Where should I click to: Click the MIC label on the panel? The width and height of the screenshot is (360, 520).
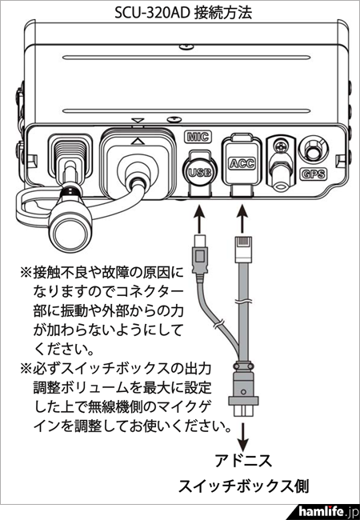coord(198,137)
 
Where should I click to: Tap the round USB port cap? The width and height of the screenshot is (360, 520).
coord(199,171)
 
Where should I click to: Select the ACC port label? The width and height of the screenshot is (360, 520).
coord(242,163)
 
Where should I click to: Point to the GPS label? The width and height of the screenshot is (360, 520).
coord(313,174)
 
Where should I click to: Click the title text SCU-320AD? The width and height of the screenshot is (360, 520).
coord(152,14)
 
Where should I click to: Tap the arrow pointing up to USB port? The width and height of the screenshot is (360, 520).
coord(198,219)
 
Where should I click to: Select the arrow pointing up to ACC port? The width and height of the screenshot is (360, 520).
coord(243,219)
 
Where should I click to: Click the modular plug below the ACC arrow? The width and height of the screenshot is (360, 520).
coord(243,249)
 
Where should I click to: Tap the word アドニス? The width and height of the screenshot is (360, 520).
coord(243,461)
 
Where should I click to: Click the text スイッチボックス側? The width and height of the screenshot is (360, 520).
coord(244,486)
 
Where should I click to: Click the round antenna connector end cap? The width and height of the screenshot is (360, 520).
coord(70,234)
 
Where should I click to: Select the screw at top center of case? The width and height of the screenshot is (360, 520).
coord(186,46)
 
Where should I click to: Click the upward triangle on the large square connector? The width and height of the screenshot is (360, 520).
coord(138,142)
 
